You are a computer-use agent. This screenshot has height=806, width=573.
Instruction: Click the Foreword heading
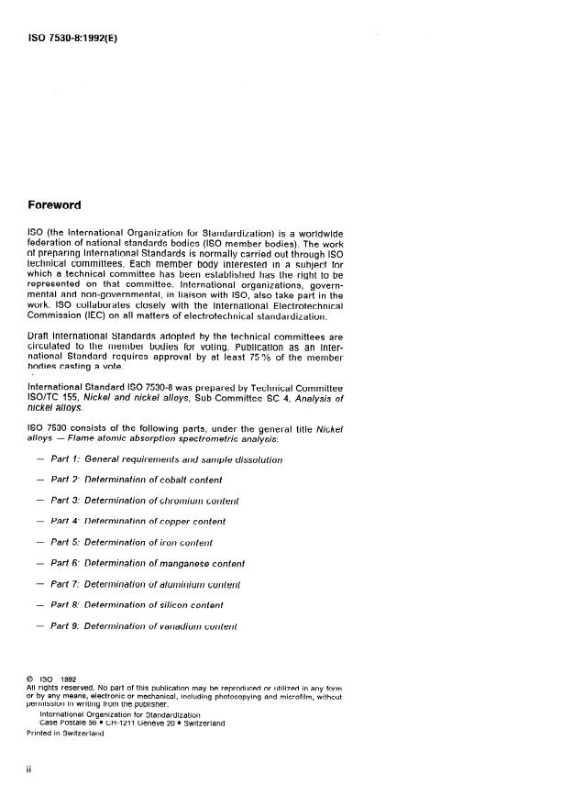click(x=54, y=204)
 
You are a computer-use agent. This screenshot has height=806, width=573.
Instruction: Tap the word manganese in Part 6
click(x=196, y=564)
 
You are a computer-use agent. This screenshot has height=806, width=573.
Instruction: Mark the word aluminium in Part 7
click(x=186, y=585)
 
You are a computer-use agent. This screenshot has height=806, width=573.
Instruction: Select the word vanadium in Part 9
click(x=183, y=627)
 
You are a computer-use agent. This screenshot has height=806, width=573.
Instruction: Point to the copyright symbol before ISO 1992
click(x=29, y=679)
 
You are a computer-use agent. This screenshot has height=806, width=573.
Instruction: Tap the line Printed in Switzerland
click(x=66, y=733)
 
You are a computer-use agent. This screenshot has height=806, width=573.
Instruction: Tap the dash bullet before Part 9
click(x=39, y=627)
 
